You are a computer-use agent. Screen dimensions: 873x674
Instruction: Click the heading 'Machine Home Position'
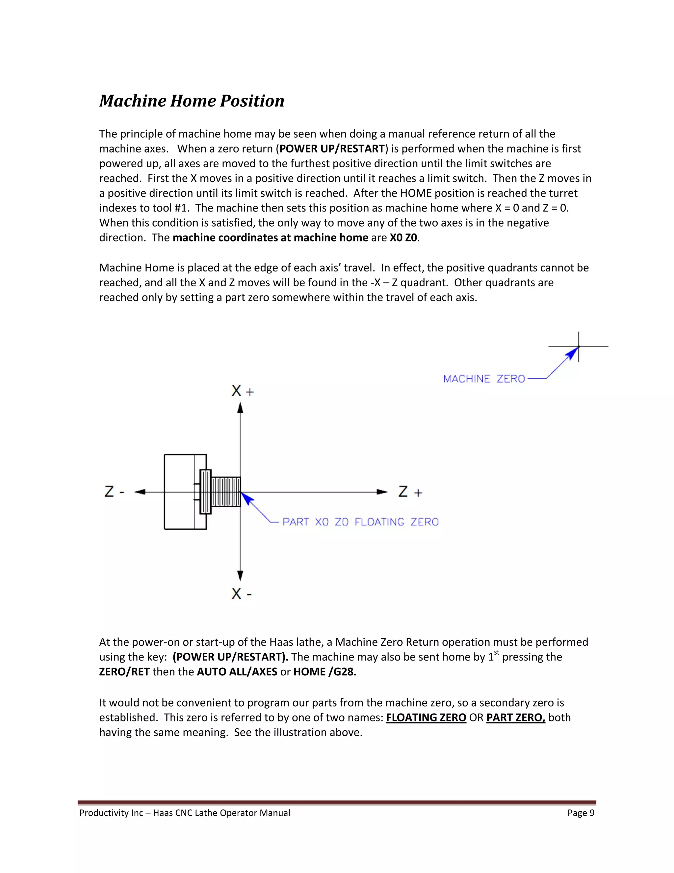click(x=192, y=101)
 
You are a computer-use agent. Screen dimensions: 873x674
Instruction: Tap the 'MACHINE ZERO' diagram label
click(x=484, y=379)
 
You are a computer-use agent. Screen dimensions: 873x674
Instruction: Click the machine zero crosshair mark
click(x=579, y=347)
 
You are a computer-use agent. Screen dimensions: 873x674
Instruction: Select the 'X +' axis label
click(x=242, y=391)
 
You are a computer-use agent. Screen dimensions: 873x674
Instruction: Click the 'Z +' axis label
click(x=410, y=492)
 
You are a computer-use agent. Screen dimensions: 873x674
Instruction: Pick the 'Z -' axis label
click(x=114, y=492)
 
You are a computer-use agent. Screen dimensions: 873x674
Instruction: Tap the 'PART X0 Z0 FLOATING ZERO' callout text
click(x=360, y=522)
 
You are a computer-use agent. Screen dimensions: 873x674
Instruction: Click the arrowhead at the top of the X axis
click(x=240, y=408)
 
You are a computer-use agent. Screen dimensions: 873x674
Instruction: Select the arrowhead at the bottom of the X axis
click(x=240, y=576)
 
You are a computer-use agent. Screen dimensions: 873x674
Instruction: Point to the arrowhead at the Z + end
click(x=382, y=492)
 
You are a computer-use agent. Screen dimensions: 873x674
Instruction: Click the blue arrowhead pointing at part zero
click(x=247, y=499)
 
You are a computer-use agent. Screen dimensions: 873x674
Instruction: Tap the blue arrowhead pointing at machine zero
click(x=573, y=353)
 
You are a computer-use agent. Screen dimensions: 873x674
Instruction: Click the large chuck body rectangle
click(x=180, y=492)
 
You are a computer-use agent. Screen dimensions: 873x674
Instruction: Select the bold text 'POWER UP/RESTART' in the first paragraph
click(x=332, y=149)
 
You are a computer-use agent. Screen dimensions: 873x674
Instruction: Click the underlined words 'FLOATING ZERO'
click(x=426, y=718)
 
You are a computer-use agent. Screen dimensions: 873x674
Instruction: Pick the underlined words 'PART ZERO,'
click(x=515, y=718)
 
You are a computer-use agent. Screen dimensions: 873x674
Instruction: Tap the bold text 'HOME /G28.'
click(x=324, y=671)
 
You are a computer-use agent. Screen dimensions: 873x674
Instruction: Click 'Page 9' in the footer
click(x=581, y=813)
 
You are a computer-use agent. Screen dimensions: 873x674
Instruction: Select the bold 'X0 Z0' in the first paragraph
click(x=403, y=238)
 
